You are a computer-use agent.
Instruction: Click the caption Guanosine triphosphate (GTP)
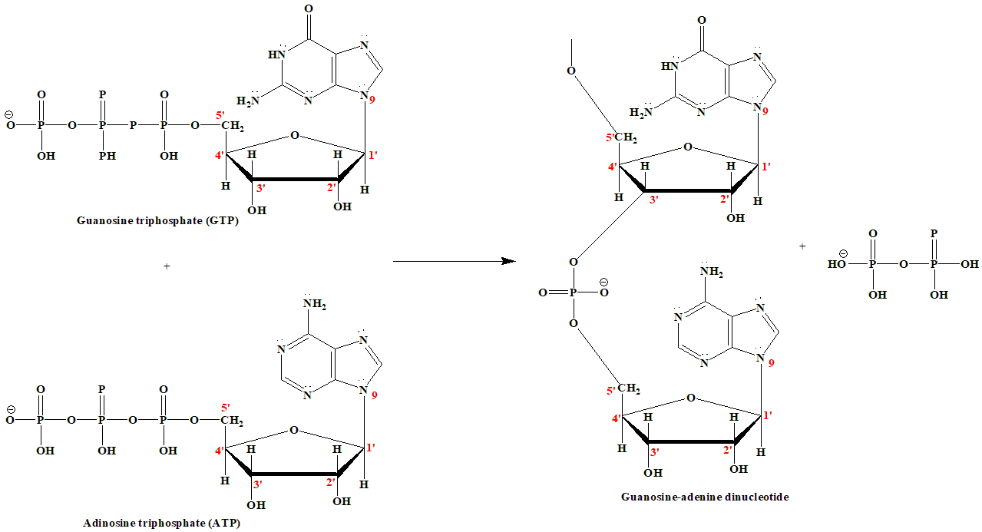tap(158, 220)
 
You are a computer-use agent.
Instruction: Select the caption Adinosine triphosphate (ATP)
tap(165, 523)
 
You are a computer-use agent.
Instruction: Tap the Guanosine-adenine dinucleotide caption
tap(705, 497)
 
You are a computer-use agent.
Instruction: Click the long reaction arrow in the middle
tap(453, 261)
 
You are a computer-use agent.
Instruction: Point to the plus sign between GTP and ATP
tap(167, 266)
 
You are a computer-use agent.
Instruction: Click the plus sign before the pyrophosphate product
tap(803, 246)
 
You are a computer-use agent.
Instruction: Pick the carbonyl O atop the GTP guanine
tap(309, 10)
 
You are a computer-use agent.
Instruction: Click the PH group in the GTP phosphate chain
tap(107, 156)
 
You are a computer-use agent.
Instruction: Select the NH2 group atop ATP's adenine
tap(314, 305)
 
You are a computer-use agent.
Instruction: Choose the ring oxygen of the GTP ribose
tap(295, 136)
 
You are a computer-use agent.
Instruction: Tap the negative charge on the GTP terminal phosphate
tap(9, 116)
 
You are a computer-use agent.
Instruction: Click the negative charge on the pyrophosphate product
tap(842, 253)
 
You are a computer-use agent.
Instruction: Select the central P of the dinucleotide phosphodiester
tap(573, 292)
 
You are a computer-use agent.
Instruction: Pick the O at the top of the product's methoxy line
tap(571, 71)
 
